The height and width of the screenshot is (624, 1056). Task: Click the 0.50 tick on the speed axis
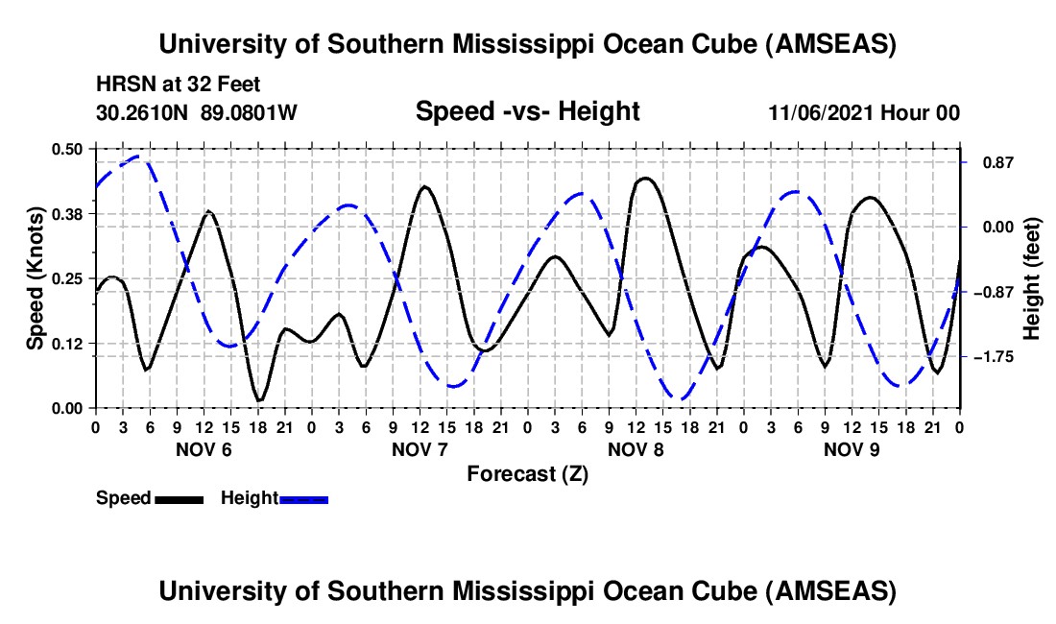tap(68, 148)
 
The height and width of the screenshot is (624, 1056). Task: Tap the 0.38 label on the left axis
tap(68, 213)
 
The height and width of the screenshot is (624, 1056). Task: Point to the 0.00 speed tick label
tap(68, 408)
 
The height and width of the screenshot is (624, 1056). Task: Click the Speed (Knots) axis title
tap(35, 277)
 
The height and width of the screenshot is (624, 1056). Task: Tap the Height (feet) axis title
tap(1032, 277)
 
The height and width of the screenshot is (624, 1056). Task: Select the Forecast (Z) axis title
tap(527, 473)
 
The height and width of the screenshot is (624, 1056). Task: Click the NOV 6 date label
tap(203, 449)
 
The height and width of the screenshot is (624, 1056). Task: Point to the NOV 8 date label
tap(636, 449)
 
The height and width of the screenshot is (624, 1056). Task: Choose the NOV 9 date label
tap(852, 449)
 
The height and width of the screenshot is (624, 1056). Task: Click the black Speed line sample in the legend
tap(178, 498)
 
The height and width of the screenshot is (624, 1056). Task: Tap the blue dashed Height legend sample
tap(304, 498)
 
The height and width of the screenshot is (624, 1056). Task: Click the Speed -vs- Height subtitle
tap(527, 111)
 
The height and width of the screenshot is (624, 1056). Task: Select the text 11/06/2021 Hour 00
tap(864, 112)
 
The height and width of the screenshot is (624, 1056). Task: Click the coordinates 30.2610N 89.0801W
tap(197, 112)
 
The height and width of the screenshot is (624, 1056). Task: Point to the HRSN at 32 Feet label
tap(179, 85)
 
